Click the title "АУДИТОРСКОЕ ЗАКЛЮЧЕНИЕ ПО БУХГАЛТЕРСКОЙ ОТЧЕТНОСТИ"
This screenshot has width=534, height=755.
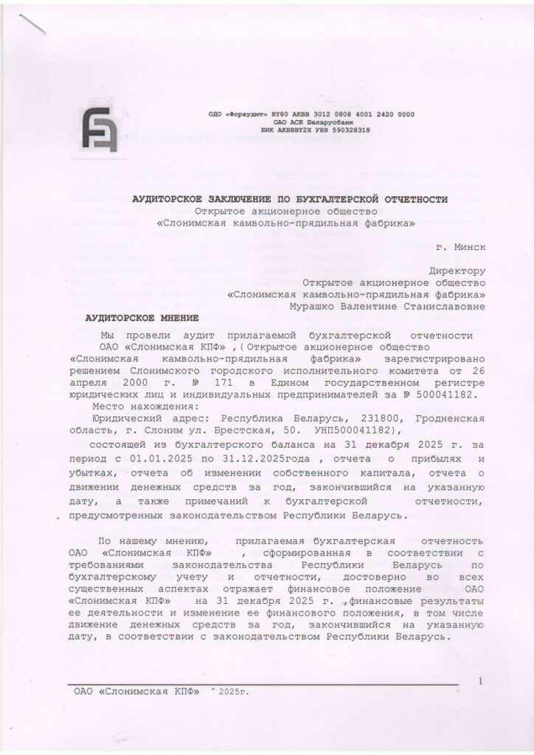(290, 198)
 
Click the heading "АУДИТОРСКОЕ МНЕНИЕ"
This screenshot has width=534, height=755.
(142, 318)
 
